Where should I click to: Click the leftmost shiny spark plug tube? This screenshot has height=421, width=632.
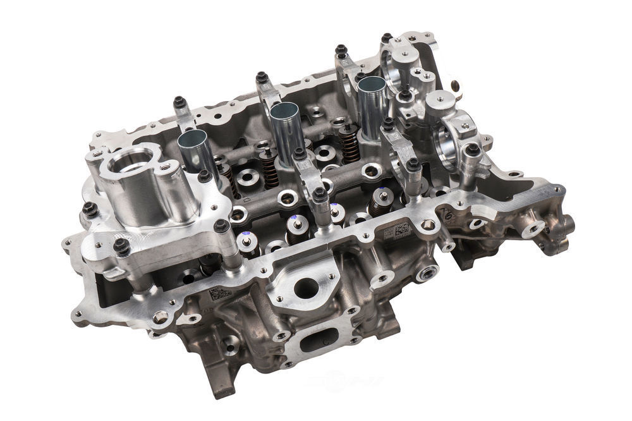tap(196, 152)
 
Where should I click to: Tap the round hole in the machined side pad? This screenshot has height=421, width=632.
tap(306, 288)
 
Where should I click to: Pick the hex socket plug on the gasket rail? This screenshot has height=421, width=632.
tap(430, 226)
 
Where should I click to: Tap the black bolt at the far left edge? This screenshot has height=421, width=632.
tap(89, 208)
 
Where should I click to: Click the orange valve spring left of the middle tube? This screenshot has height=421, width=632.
tap(270, 169)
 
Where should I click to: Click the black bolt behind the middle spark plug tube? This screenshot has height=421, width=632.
tap(262, 78)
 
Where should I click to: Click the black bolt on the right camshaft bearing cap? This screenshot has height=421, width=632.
tap(472, 150)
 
